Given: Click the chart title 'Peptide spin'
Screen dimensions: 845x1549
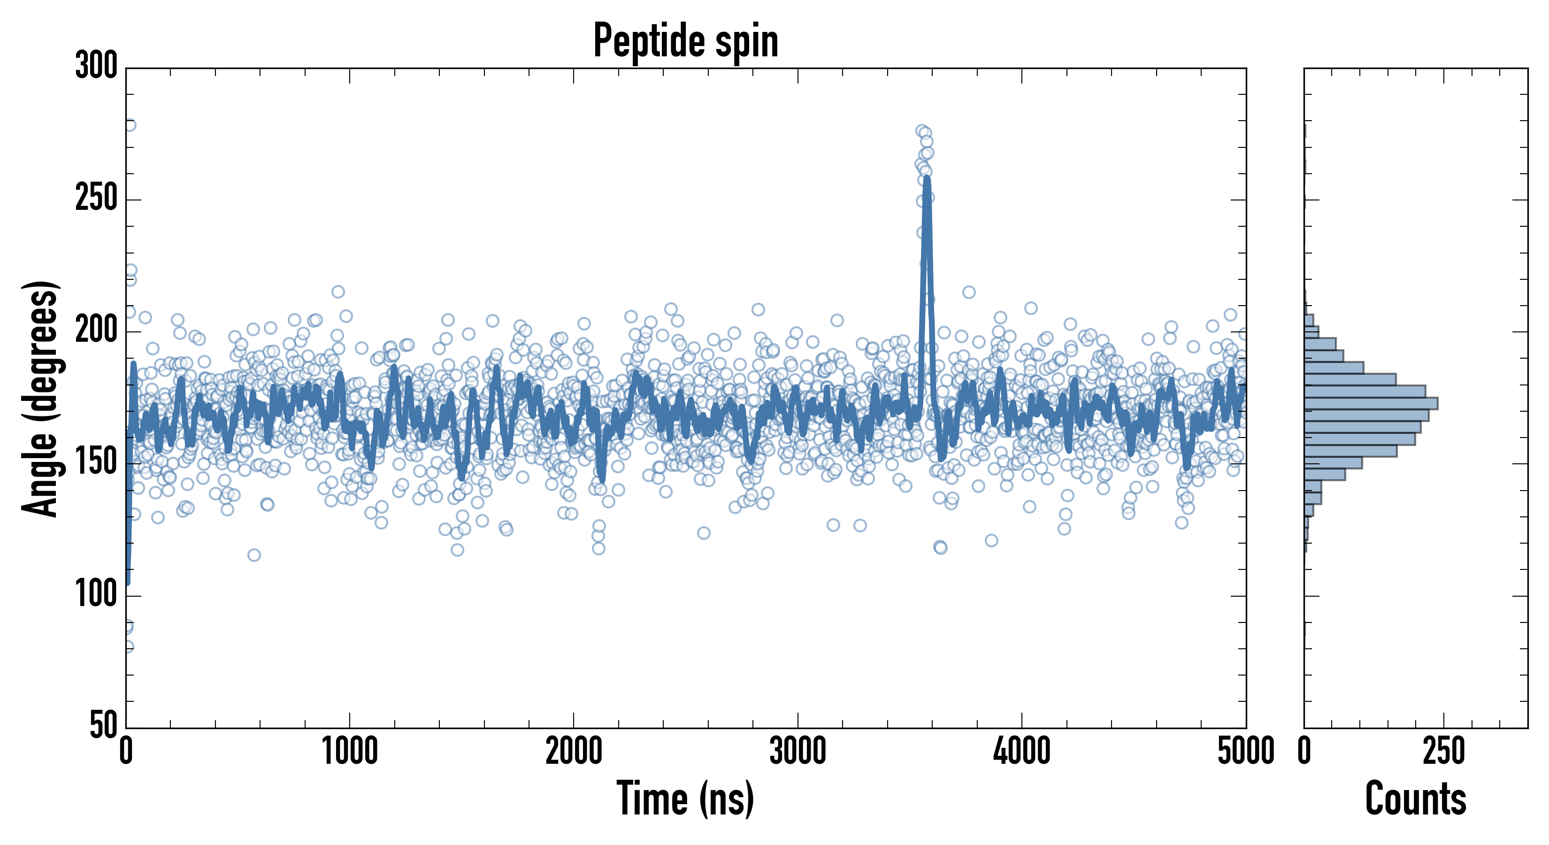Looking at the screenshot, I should [685, 41].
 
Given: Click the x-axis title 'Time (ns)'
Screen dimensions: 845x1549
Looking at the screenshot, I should [685, 799].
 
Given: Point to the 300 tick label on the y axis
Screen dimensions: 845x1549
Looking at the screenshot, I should [96, 66].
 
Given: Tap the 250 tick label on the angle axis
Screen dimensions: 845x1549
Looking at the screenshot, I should [96, 199].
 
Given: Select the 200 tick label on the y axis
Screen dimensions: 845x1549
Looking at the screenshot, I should [96, 331].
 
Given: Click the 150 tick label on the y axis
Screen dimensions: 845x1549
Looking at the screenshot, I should [96, 463].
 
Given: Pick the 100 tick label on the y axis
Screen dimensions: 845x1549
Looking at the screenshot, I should [96, 595].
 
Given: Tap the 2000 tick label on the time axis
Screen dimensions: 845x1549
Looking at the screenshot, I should [574, 752].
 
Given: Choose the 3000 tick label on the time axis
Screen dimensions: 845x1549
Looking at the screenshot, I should [798, 752].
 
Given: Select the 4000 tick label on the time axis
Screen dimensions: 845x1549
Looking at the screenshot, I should [1022, 752].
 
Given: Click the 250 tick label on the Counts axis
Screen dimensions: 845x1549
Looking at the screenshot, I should [1444, 752].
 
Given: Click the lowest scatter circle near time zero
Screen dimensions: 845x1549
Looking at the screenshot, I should [128, 646].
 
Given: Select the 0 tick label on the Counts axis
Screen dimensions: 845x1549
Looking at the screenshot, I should [1304, 752].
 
